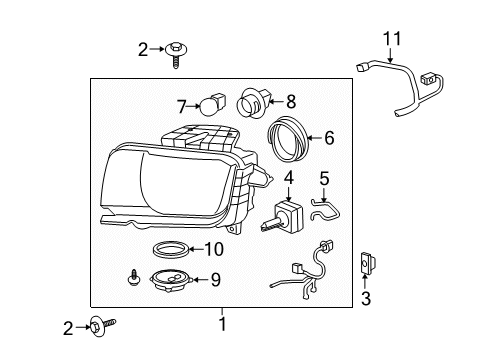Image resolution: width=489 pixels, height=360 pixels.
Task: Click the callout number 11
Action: (x=392, y=38)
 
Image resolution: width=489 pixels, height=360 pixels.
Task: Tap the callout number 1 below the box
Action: (x=222, y=324)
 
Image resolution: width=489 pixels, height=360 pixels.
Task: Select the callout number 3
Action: (x=366, y=298)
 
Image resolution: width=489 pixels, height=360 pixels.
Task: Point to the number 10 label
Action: (x=214, y=249)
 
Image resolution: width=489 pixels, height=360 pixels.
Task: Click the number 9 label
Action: (x=216, y=279)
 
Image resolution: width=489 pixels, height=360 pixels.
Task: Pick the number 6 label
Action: (x=329, y=138)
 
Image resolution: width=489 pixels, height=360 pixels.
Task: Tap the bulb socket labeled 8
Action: (x=253, y=102)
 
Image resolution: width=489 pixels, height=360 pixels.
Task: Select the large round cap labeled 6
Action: (x=289, y=139)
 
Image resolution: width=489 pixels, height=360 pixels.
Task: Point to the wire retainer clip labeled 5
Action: (x=325, y=209)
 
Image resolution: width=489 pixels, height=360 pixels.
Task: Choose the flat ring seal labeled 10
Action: (x=171, y=250)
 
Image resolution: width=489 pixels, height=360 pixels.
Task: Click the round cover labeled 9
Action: (x=171, y=279)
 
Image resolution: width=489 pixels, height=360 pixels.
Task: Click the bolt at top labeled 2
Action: (x=175, y=54)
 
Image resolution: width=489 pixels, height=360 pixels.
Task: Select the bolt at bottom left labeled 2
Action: (x=102, y=326)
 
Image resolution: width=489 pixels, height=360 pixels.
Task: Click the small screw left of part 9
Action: (x=134, y=277)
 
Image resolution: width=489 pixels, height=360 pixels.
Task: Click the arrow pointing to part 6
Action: (x=315, y=138)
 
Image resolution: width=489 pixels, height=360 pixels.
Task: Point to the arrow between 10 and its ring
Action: (x=196, y=249)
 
